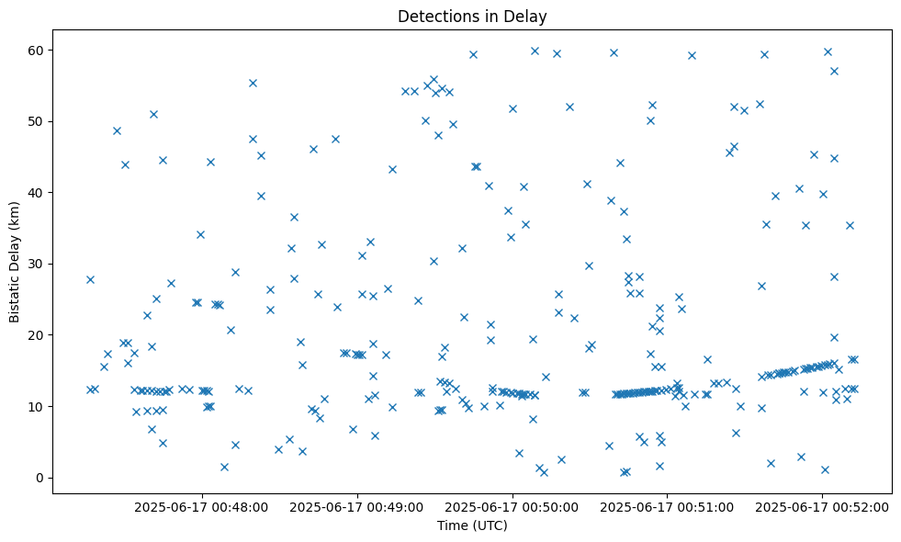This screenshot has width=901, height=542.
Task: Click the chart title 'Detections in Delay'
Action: (x=471, y=16)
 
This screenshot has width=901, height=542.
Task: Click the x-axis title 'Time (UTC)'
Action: (x=471, y=526)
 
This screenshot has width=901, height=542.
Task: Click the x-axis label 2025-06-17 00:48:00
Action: (x=201, y=507)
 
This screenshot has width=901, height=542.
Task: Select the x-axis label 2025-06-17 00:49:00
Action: (x=356, y=507)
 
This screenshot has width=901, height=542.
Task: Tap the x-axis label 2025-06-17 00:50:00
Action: (x=512, y=507)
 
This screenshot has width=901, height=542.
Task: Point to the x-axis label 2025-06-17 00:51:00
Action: (x=667, y=507)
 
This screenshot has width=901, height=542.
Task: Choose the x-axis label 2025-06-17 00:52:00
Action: (x=821, y=507)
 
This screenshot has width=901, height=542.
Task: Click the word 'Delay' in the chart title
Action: (x=528, y=16)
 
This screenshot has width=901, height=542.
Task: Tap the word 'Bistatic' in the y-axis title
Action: (x=15, y=299)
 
